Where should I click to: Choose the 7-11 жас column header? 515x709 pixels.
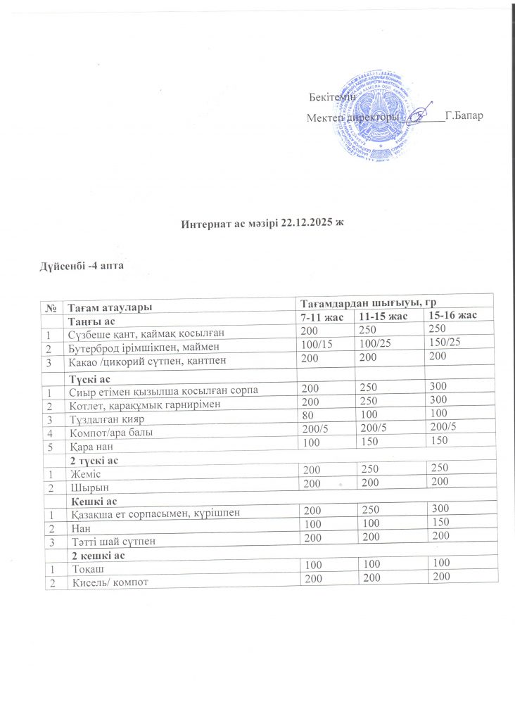(322, 318)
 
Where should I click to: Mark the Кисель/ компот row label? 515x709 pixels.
(108, 581)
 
